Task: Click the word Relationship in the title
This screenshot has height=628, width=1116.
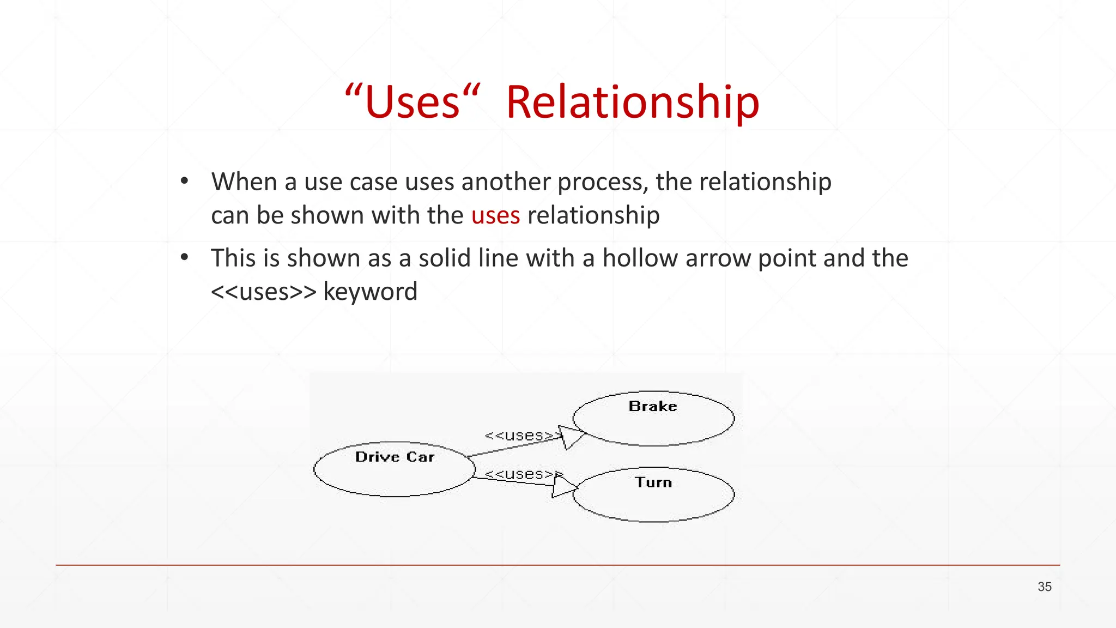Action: point(632,102)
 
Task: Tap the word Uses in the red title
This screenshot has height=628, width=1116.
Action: point(413,102)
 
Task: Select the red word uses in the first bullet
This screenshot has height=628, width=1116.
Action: point(495,215)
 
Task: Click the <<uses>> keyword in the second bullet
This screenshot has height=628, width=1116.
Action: point(264,292)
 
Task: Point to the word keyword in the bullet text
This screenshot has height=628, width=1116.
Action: point(370,292)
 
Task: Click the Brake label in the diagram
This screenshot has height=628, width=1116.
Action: point(653,406)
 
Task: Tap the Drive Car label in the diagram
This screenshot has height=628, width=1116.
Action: point(395,457)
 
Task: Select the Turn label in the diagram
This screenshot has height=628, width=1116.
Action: point(653,482)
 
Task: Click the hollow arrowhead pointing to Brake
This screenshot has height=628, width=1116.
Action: point(571,437)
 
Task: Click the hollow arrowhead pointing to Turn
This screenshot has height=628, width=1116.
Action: point(563,486)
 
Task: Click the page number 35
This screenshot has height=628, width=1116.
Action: point(1044,587)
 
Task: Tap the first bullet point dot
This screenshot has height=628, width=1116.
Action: point(185,180)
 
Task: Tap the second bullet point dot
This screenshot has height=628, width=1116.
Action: point(185,257)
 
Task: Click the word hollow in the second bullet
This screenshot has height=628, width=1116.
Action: point(640,258)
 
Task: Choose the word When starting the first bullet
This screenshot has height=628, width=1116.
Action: point(244,182)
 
